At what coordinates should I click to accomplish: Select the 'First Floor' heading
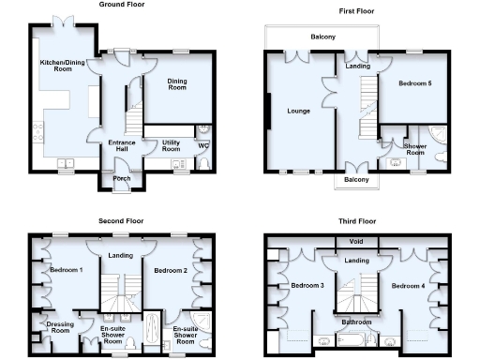point(356,10)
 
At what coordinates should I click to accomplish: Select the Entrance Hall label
point(123,146)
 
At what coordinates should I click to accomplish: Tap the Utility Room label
point(171,146)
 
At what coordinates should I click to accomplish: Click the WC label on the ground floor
point(202,145)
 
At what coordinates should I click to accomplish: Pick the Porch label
point(121,177)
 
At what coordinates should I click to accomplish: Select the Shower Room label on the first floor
point(414,150)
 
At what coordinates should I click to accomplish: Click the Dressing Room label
point(59,328)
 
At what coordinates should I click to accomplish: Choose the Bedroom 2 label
point(172,270)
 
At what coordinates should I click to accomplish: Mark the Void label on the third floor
point(355,241)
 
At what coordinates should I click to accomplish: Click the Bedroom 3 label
point(307,285)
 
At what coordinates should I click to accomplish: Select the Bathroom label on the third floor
point(357,321)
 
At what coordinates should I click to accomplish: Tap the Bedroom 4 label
point(408,285)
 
